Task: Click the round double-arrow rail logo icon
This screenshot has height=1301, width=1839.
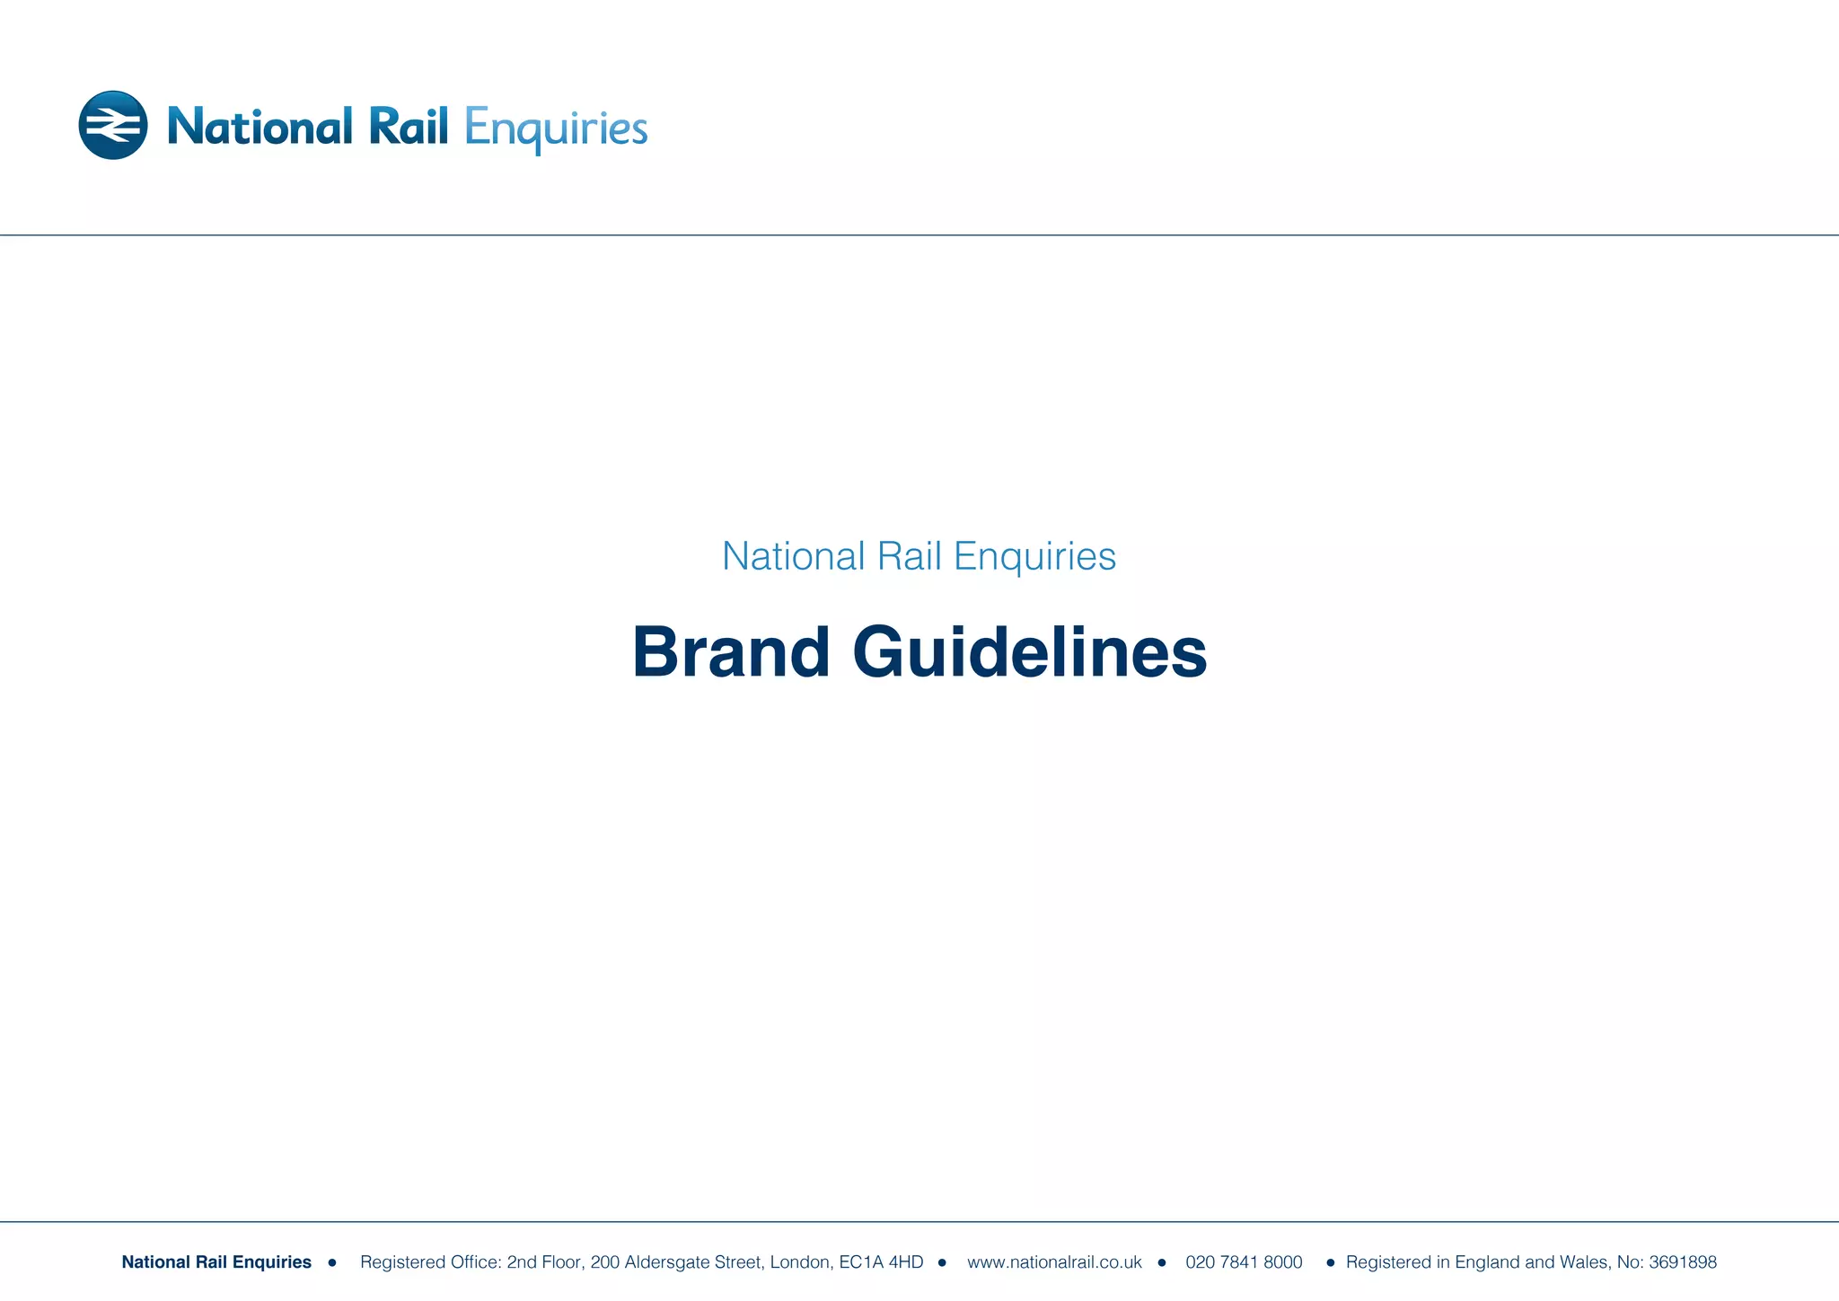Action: (x=113, y=125)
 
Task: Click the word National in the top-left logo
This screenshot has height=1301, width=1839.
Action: (x=260, y=127)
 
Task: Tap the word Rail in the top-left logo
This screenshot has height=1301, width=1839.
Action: (x=409, y=127)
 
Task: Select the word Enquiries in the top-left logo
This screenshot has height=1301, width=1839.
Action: (x=556, y=129)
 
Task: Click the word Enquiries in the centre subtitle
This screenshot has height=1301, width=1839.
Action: (x=1034, y=556)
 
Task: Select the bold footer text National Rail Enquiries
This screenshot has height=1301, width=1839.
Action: (x=216, y=1262)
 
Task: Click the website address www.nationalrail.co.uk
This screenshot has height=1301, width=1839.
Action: (x=1054, y=1262)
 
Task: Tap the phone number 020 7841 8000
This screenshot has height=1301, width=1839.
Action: (x=1244, y=1262)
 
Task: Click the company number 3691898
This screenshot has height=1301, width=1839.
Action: (x=1682, y=1262)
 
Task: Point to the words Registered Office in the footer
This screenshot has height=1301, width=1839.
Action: (x=430, y=1262)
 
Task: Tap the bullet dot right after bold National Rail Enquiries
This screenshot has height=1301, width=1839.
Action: (x=332, y=1262)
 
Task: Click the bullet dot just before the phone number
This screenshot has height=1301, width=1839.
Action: (x=1162, y=1262)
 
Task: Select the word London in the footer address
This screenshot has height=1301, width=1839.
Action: (x=799, y=1262)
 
